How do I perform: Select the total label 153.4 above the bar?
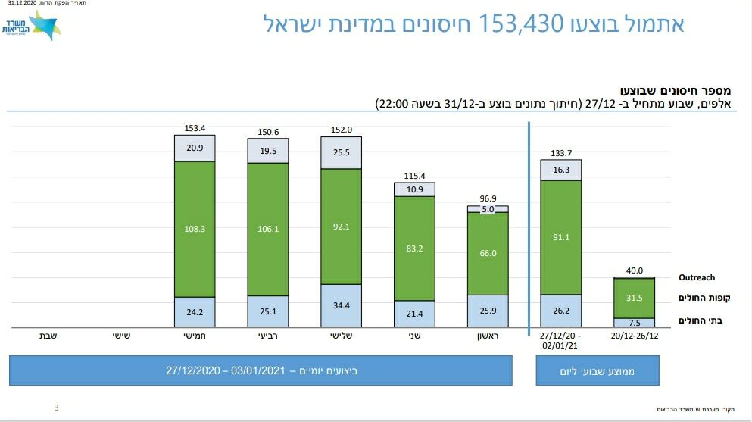(x=195, y=128)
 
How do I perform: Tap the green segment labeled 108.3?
(x=195, y=228)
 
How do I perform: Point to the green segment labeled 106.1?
(x=268, y=229)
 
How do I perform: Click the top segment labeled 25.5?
(x=341, y=152)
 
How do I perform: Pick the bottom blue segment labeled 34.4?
(x=341, y=305)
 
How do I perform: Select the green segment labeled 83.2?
(x=414, y=248)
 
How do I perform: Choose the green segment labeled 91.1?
(x=560, y=236)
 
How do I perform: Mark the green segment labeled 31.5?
(x=634, y=297)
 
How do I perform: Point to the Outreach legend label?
(x=696, y=277)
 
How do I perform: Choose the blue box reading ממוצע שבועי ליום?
(x=597, y=370)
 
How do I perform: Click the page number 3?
(x=57, y=408)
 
